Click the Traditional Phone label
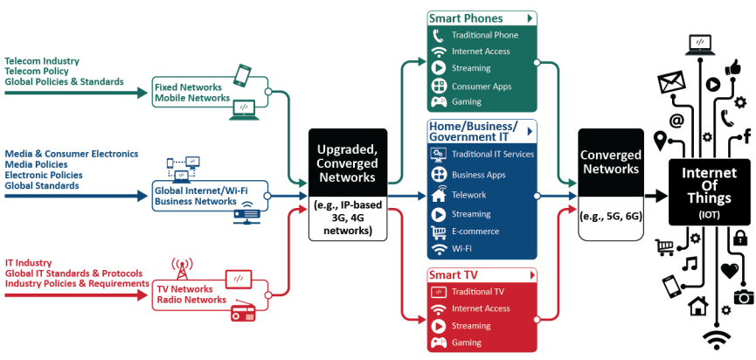pyautogui.click(x=485, y=35)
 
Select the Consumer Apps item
pyautogui.click(x=482, y=87)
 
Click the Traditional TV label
pyautogui.click(x=478, y=292)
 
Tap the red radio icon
pyautogui.click(x=243, y=313)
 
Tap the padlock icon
pyautogui.click(x=740, y=237)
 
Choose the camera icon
pyautogui.click(x=743, y=297)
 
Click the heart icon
pyautogui.click(x=730, y=270)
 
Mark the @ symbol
pyautogui.click(x=676, y=120)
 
